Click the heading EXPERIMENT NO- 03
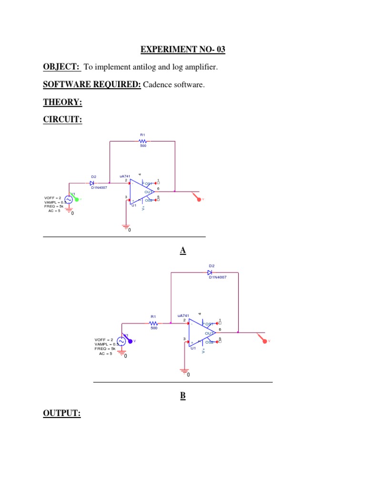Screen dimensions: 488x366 183,49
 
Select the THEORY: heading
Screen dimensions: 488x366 63,102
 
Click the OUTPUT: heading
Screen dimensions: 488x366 62,413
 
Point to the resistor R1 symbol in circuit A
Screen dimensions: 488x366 142,141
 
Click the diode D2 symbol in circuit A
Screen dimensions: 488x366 92,183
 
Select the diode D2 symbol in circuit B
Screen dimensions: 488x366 210,273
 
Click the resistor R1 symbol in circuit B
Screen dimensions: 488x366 153,323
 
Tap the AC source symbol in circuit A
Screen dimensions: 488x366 68,200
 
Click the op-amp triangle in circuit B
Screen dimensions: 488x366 200,333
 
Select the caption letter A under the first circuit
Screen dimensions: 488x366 183,251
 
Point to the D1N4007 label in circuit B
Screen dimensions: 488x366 217,277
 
